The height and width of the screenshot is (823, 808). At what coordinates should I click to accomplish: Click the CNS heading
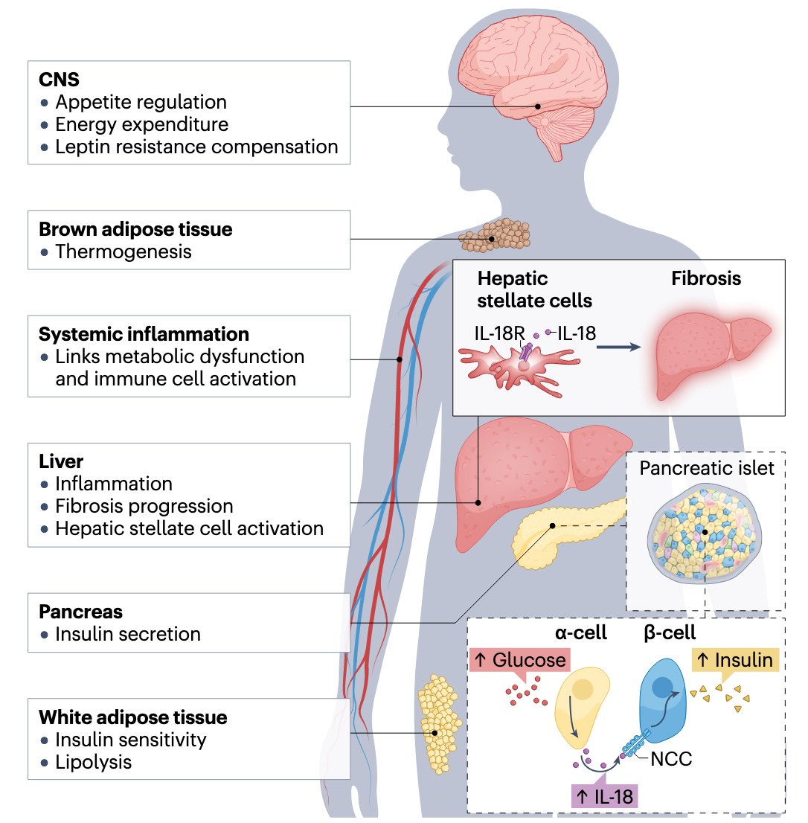[x=59, y=78]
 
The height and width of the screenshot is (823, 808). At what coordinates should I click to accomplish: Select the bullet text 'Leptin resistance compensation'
[x=196, y=147]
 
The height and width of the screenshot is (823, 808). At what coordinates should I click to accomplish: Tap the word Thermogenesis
[x=123, y=252]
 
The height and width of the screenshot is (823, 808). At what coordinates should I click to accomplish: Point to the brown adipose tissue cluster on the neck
[x=495, y=235]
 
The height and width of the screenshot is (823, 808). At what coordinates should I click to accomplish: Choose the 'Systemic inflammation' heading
[x=144, y=333]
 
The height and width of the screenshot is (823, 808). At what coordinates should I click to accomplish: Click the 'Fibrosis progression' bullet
[x=144, y=507]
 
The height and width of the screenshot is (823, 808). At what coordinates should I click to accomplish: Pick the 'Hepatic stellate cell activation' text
[x=189, y=529]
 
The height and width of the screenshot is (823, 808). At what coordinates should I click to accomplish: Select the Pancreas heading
[x=80, y=612]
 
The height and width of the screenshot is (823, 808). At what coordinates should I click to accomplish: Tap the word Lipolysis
[x=93, y=762]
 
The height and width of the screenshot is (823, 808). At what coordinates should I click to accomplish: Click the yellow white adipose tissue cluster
[x=439, y=722]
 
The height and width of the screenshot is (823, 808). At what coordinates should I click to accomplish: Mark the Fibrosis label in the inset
[x=706, y=279]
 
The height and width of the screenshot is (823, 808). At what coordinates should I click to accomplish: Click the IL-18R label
[x=500, y=333]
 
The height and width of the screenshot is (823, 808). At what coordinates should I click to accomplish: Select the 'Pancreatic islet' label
[x=707, y=468]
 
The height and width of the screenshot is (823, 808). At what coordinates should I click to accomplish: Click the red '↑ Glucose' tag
[x=518, y=659]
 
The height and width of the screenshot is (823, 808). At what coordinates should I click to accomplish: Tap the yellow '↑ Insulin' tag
[x=734, y=659]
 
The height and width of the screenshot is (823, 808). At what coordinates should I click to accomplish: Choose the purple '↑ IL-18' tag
[x=604, y=797]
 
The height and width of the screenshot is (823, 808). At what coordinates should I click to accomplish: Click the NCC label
[x=671, y=759]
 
